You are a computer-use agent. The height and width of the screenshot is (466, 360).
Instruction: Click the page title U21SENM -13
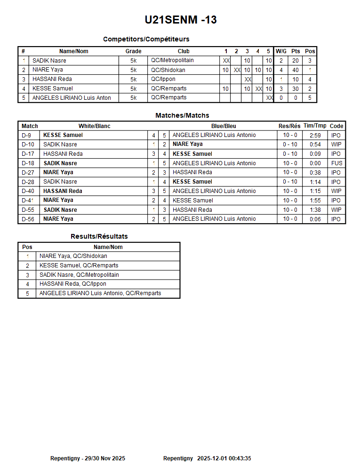click(181, 20)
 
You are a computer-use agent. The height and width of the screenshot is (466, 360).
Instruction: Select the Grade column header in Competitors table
click(133, 51)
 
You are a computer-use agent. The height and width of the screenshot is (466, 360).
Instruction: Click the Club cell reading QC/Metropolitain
click(172, 61)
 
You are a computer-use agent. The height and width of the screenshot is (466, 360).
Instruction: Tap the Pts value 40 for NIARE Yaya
click(295, 70)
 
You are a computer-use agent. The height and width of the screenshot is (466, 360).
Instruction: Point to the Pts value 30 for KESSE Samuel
click(295, 88)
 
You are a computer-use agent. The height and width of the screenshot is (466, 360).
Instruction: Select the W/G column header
click(281, 51)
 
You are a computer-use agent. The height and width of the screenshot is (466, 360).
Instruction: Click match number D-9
click(26, 135)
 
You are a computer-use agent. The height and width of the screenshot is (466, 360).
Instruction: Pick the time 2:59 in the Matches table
click(315, 135)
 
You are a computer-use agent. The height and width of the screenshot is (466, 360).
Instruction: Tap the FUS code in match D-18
click(336, 163)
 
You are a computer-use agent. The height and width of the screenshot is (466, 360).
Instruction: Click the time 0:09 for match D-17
click(315, 154)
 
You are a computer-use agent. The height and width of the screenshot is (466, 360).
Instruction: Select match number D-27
click(28, 172)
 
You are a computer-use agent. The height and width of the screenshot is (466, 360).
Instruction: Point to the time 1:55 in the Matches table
click(315, 201)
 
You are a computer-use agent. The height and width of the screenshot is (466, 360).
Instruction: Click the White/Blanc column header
click(94, 126)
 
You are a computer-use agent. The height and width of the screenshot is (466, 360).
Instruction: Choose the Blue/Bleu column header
click(224, 126)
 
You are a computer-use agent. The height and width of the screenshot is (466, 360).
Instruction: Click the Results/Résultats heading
click(99, 236)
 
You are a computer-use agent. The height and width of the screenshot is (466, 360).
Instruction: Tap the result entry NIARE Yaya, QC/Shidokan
click(73, 256)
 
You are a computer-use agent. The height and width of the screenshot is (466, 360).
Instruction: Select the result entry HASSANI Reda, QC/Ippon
click(72, 284)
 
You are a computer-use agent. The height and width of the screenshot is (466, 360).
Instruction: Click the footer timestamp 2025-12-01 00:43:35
click(224, 458)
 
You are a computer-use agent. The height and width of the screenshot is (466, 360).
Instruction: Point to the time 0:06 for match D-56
click(315, 219)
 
